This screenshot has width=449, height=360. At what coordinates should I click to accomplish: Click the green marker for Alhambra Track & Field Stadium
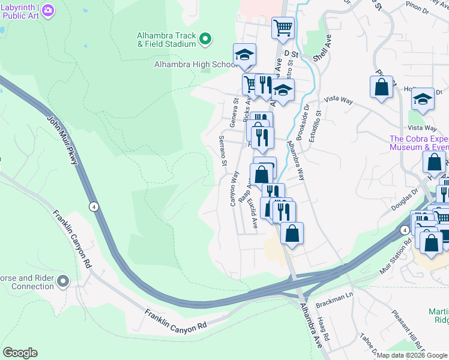click(x=205, y=40)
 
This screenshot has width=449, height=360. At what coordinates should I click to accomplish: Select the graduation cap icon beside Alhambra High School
click(x=244, y=55)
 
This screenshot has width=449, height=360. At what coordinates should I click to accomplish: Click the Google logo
click(x=20, y=353)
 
